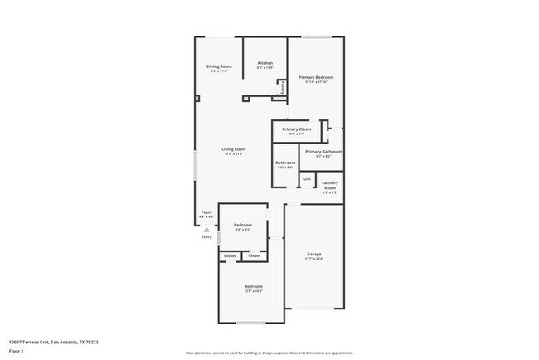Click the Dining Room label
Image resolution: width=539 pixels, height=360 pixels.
pos(219,66)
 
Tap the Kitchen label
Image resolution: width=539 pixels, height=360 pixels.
pos(265,63)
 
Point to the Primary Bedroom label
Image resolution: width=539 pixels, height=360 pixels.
pos(315,77)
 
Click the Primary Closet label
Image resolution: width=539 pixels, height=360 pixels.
pos(296,129)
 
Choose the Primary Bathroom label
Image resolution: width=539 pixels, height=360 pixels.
pos(323,152)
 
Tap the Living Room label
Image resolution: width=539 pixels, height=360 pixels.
pos(233,148)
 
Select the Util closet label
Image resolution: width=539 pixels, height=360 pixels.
pos(306,178)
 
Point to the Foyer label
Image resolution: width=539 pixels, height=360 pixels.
pos(206,212)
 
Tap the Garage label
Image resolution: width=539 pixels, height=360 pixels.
pos(313,254)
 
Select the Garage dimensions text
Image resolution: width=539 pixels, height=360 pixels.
pos(313,259)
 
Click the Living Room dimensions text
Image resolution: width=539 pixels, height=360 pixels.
pos(233,154)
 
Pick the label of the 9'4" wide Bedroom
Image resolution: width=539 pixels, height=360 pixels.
pos(242,225)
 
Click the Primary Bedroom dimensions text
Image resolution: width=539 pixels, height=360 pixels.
pos(315,82)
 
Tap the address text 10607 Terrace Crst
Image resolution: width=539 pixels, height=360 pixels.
pos(53,341)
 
